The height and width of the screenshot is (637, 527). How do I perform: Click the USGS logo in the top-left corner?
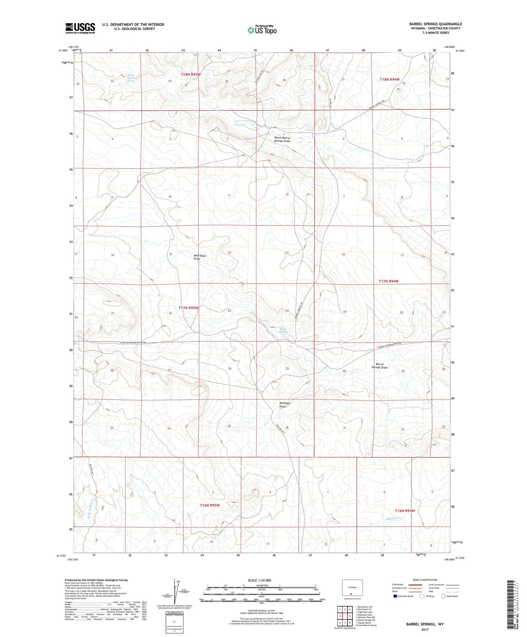pos(80,28)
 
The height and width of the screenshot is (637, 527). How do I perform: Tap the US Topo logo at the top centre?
pos(261,30)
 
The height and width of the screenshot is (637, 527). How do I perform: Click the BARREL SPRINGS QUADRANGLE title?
pos(435,24)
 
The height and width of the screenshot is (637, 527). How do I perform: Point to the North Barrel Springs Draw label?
pos(282,139)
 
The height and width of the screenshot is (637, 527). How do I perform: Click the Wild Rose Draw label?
pos(200,257)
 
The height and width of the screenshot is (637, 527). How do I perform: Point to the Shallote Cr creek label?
pos(394,518)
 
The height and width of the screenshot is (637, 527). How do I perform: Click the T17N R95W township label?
pos(189,308)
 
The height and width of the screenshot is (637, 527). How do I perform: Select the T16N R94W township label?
pos(405,511)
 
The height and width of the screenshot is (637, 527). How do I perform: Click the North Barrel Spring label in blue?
pos(131,78)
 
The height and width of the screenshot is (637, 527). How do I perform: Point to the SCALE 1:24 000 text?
pos(259,580)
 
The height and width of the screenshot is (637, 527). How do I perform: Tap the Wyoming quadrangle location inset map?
pos(352,588)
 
